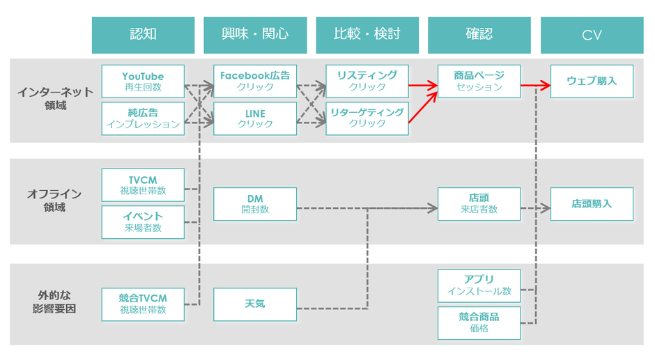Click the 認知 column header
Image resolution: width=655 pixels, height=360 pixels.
[143, 35]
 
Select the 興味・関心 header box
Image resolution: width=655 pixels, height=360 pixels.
[255, 35]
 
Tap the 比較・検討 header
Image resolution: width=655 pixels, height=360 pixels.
[367, 35]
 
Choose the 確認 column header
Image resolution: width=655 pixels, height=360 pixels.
[479, 35]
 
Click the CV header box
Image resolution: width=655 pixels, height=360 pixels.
[592, 35]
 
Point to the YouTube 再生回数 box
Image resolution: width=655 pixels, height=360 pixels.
[143, 81]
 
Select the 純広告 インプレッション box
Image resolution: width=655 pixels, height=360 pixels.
[143, 118]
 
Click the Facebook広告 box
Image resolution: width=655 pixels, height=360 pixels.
[255, 81]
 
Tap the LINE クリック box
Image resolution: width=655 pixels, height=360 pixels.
[255, 118]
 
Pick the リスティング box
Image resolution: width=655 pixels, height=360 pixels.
[367, 81]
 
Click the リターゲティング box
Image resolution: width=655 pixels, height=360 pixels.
[367, 118]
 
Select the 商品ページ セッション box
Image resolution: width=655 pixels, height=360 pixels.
[479, 81]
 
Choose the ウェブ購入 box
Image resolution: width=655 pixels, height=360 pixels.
[592, 81]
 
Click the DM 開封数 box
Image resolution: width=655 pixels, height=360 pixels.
[255, 204]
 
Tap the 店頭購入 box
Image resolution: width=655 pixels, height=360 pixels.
[592, 204]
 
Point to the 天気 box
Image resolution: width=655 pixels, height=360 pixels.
[255, 304]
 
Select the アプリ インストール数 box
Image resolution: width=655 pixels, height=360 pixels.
[479, 285]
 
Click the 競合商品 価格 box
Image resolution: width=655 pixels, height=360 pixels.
[479, 322]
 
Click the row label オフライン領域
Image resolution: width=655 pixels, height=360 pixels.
[50, 201]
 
